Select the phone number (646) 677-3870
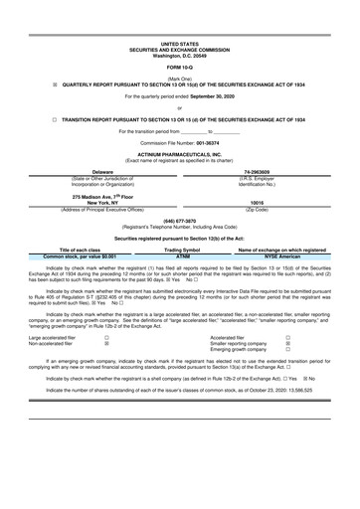(x=179, y=251)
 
